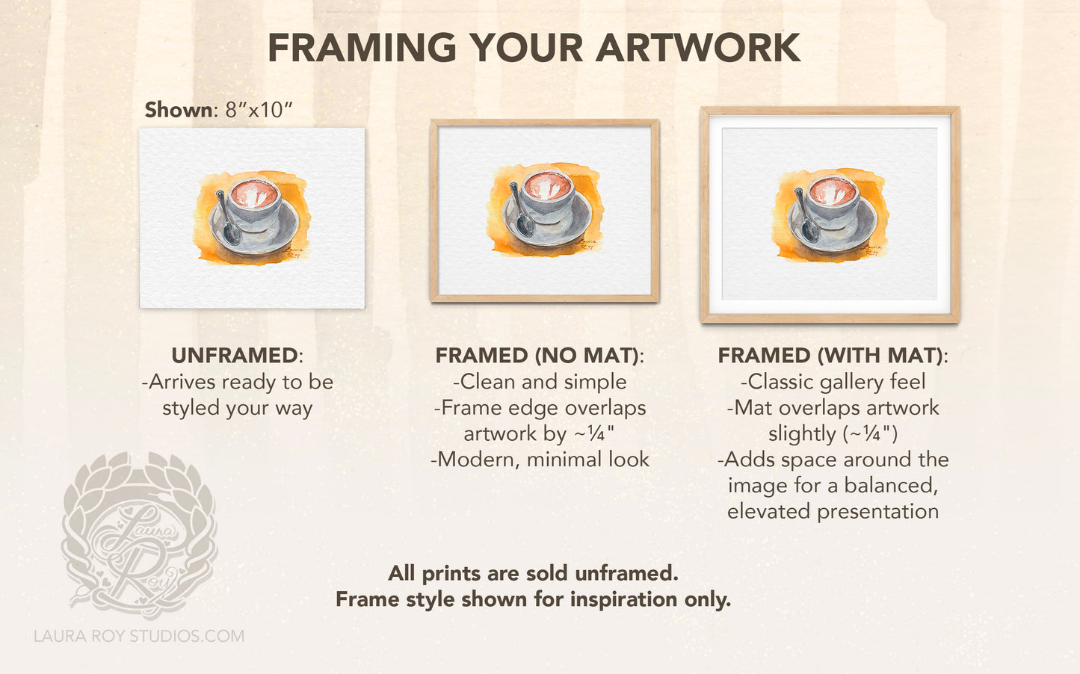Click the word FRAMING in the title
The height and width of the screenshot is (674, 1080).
click(362, 48)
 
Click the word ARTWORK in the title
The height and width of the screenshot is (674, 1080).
click(698, 48)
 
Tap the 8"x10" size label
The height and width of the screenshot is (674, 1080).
click(259, 110)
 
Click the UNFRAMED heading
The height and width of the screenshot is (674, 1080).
click(235, 356)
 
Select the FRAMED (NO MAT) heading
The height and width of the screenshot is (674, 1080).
click(537, 356)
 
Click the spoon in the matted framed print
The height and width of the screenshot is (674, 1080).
click(805, 215)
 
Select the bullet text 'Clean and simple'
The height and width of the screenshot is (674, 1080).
click(540, 382)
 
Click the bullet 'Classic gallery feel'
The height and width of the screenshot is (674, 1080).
click(833, 382)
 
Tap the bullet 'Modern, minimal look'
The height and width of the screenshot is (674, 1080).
click(540, 460)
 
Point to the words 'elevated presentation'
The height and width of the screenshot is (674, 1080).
click(833, 512)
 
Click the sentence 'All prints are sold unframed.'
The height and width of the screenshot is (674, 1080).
click(533, 573)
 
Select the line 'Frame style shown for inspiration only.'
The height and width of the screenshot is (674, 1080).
click(533, 599)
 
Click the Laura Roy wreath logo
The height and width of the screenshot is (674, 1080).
click(139, 536)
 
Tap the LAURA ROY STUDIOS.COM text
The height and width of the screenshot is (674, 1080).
click(139, 636)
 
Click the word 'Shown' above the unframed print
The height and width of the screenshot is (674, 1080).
click(178, 110)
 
